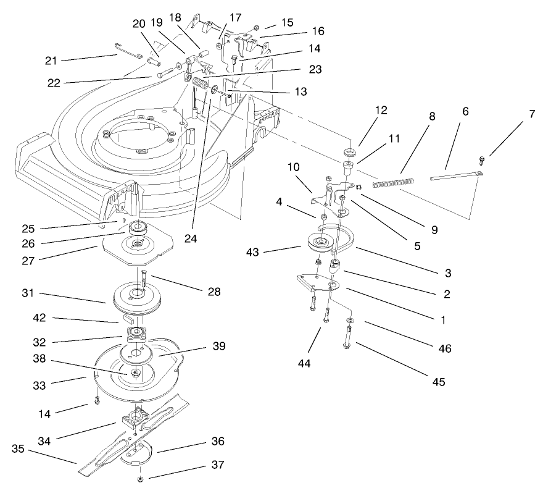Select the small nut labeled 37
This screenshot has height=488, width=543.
coord(141,479)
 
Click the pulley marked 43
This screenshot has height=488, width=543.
coord(320,242)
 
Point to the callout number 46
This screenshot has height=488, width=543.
coord(444,348)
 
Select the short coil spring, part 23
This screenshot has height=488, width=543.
coord(199,83)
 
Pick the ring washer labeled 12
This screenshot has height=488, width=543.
coord(349,152)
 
